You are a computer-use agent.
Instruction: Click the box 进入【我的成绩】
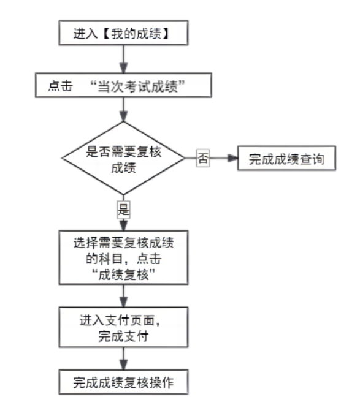click(123, 33)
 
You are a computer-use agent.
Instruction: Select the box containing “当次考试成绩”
click(123, 85)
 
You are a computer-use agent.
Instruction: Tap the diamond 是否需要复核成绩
click(123, 158)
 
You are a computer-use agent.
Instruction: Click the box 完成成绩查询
click(286, 158)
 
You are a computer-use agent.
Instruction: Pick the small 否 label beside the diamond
click(203, 158)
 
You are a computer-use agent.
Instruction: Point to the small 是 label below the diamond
click(123, 210)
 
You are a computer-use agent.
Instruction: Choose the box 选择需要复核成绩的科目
click(123, 258)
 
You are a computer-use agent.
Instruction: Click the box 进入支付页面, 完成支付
click(123, 327)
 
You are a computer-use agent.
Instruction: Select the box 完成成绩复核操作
click(123, 382)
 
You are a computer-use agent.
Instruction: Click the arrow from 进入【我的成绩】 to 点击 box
click(123, 59)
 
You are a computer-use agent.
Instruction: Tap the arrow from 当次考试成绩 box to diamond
click(123, 110)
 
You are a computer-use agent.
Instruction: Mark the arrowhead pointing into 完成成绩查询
click(232, 158)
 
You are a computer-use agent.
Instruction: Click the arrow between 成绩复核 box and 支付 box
click(123, 296)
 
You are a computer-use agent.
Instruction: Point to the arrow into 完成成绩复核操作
click(123, 358)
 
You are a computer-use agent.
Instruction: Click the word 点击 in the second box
click(60, 86)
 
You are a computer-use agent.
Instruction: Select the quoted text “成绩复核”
click(123, 274)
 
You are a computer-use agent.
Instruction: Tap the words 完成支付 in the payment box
click(123, 336)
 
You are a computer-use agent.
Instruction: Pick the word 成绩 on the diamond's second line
click(123, 168)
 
